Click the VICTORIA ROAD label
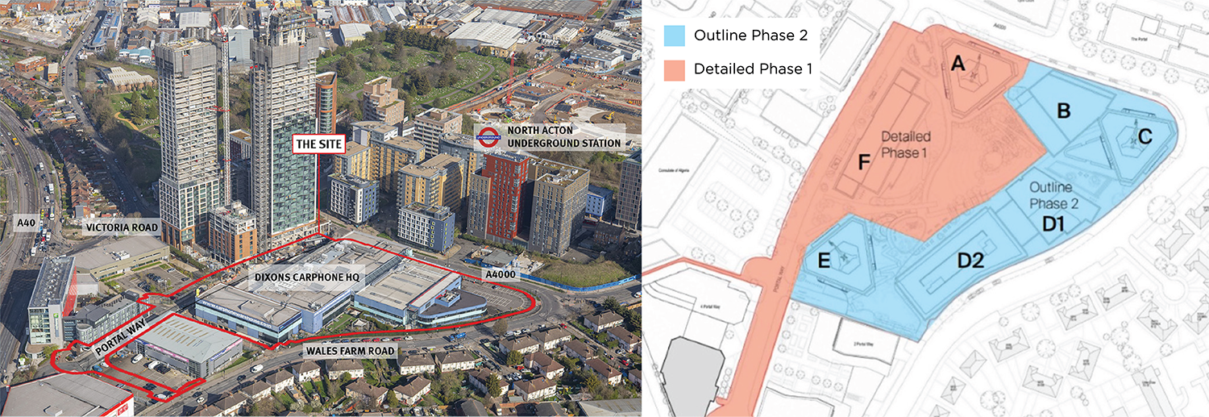(123, 228)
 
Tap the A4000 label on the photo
(500, 275)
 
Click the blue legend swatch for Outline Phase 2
(675, 35)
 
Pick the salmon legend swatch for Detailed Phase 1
(675, 69)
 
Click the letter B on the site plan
(1063, 111)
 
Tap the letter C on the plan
(1145, 136)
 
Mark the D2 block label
(971, 260)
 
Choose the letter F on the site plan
(864, 163)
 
